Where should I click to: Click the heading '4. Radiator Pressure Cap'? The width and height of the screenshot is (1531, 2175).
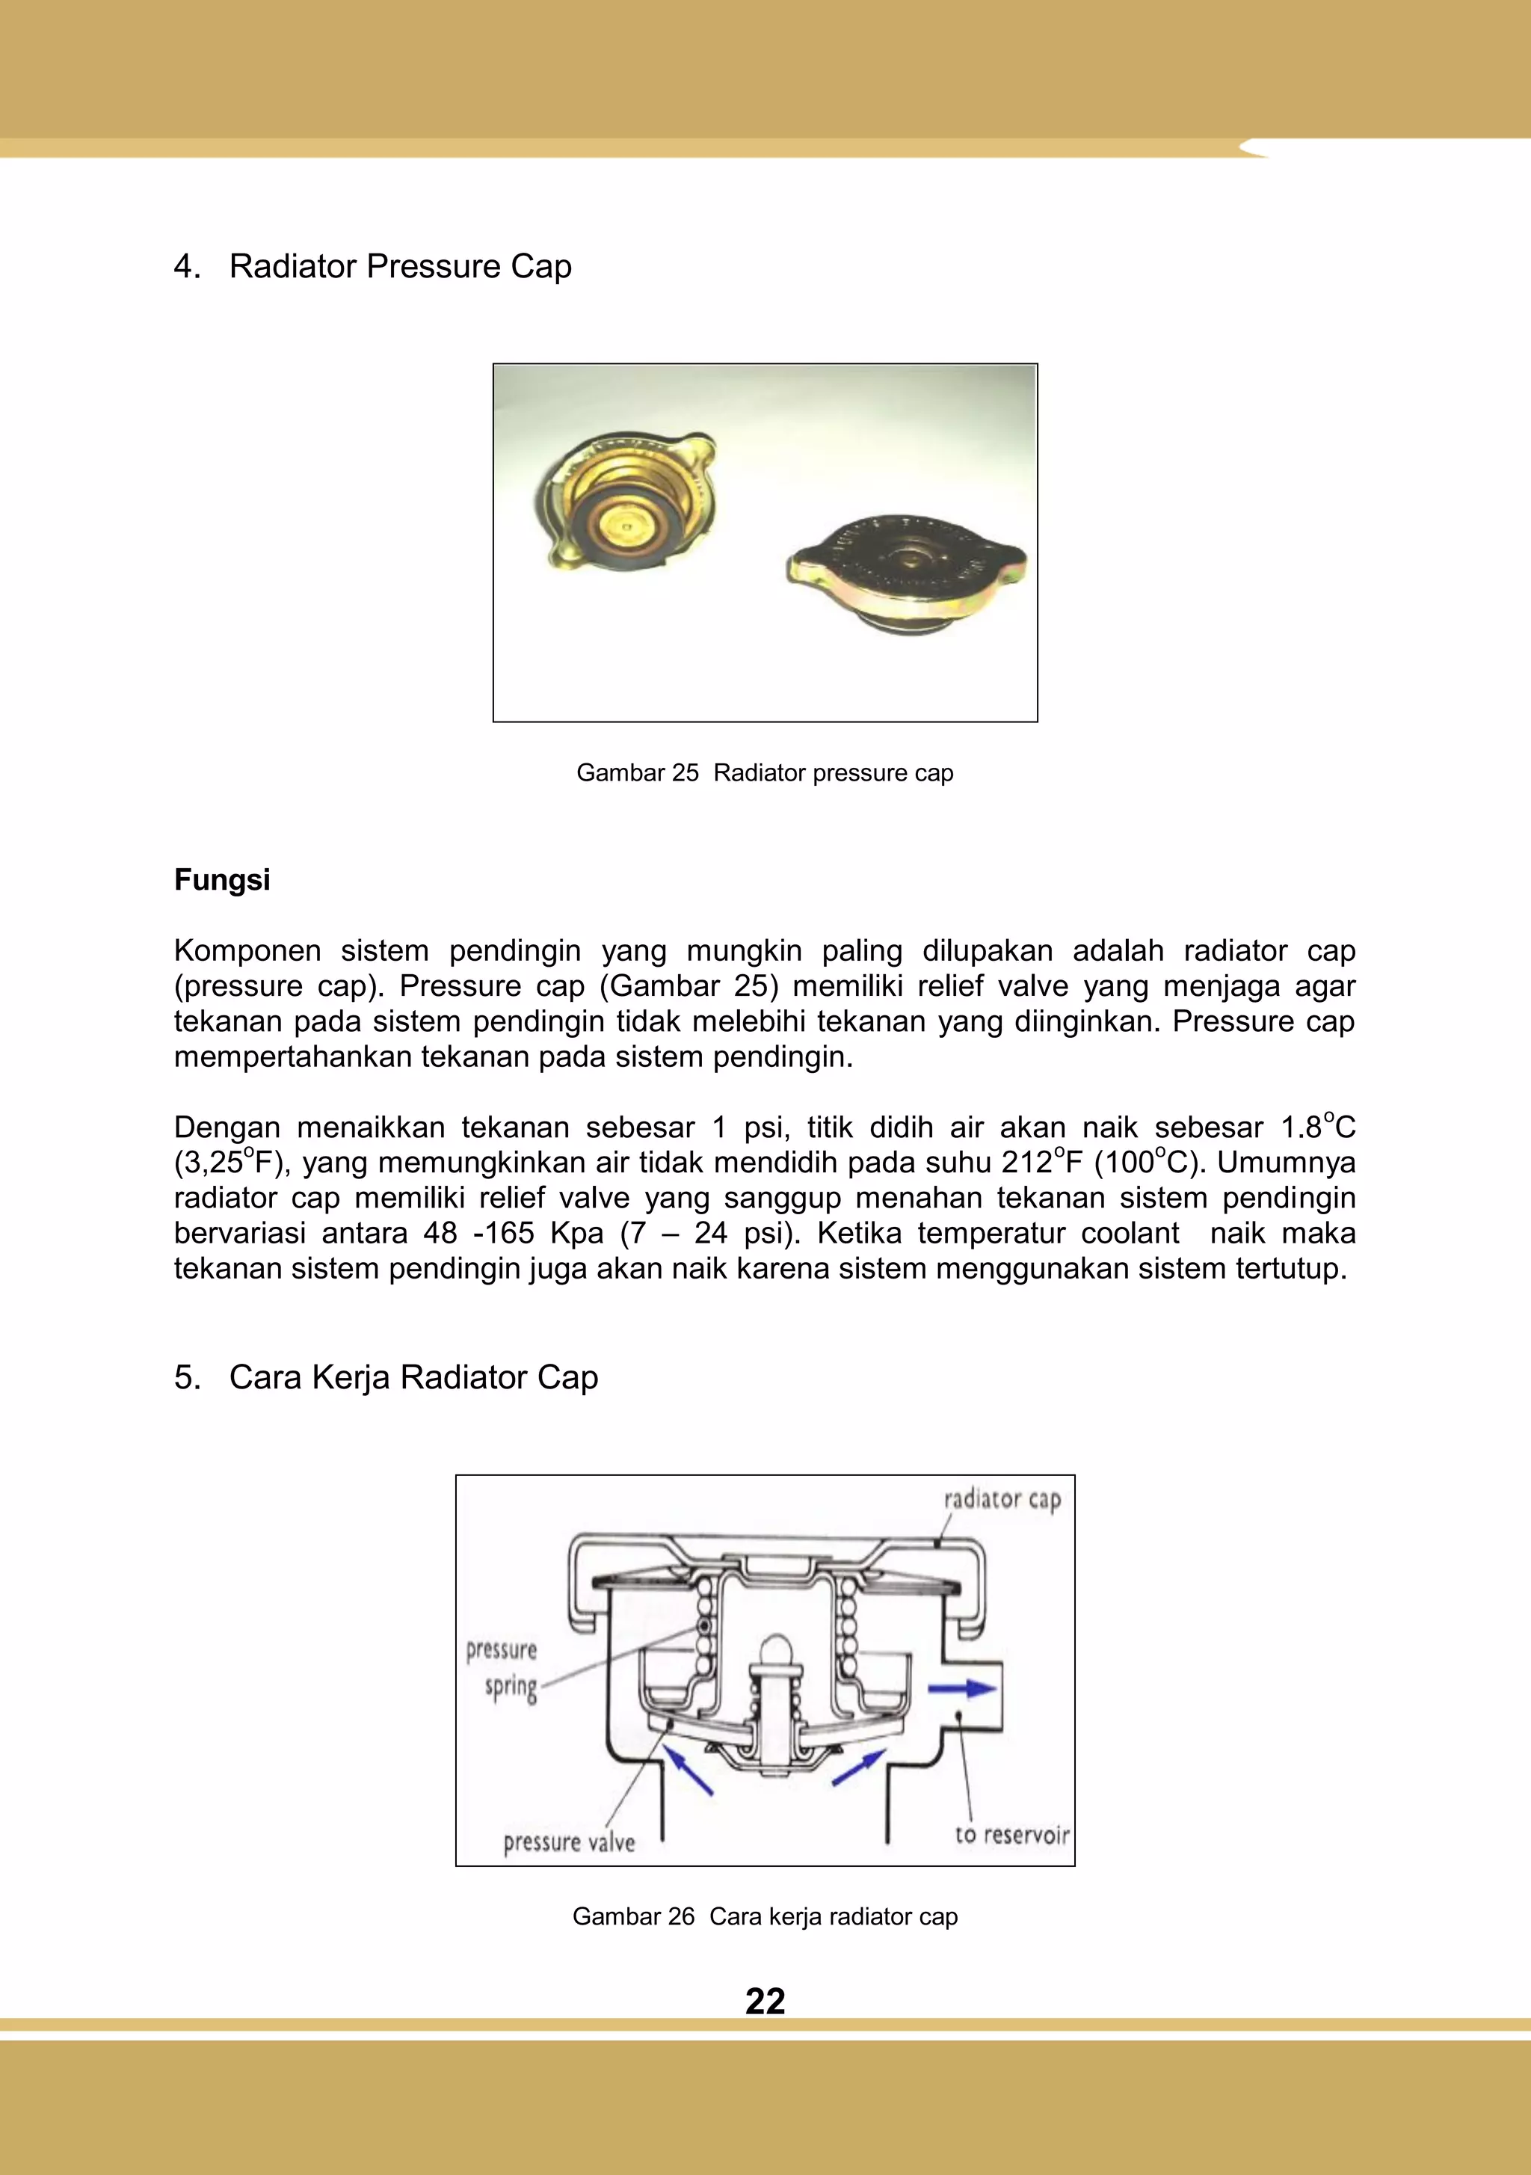373,266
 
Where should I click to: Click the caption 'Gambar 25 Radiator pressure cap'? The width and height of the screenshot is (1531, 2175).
765,773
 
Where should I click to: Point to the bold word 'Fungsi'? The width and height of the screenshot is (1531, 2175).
222,880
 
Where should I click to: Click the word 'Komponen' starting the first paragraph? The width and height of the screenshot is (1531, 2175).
247,950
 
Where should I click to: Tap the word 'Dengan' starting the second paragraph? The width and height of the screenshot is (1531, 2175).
227,1128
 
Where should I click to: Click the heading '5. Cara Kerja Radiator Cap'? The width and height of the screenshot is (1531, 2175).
386,1377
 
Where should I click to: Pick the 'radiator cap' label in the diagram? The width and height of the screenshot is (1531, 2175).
1002,1500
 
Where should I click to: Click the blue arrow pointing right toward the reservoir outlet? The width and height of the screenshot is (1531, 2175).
961,1688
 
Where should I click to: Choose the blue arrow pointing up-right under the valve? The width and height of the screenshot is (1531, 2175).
857,1768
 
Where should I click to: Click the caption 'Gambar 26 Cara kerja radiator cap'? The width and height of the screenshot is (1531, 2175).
765,1916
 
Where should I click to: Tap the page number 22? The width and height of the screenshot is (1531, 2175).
765,2002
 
